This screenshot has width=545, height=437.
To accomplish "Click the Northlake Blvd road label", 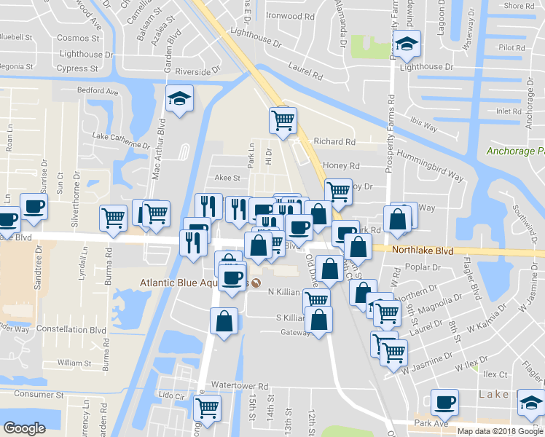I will click(423, 250).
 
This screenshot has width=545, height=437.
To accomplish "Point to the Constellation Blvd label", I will click(71, 330).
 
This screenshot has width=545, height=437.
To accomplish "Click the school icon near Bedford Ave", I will click(177, 99).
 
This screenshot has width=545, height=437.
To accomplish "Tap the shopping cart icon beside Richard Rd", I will click(283, 120).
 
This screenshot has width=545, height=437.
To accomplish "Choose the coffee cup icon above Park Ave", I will click(444, 402).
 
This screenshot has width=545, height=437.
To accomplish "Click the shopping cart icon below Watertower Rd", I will click(208, 409).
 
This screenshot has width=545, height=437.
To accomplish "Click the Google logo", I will click(24, 428).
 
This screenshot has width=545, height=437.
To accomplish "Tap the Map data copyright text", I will click(500, 430).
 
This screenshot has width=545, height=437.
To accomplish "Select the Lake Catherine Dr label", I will click(121, 139).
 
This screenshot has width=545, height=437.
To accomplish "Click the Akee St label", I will click(227, 178).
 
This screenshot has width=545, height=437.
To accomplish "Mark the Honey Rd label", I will click(346, 166).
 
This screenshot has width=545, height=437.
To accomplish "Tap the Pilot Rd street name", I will click(511, 48).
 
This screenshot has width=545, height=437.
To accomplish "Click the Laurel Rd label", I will click(306, 71).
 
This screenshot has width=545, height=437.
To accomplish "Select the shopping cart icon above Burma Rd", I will click(113, 217).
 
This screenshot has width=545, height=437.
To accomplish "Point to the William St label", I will click(74, 362).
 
